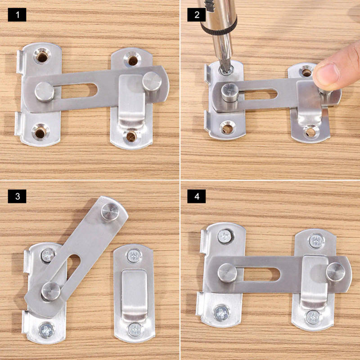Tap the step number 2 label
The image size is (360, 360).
[197, 15]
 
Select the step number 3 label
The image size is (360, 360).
[17, 196]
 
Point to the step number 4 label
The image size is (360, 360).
[197, 196]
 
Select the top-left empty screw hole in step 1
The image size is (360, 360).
[42, 56]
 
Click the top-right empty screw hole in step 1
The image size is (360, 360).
[132, 59]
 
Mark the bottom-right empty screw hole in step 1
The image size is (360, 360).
[131, 135]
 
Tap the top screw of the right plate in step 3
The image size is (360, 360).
[133, 257]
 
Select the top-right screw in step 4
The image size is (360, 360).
[316, 241]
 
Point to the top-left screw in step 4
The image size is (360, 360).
[225, 236]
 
